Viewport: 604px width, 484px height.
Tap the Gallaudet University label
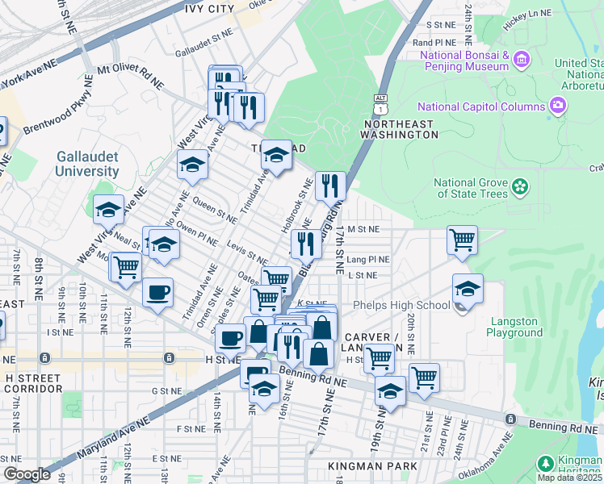coord(87,164)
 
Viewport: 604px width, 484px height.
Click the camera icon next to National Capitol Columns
coord(557,106)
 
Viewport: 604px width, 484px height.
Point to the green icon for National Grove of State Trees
coord(519,187)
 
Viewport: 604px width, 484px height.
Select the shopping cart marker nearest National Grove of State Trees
coord(462,240)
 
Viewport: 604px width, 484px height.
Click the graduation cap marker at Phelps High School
coord(468,289)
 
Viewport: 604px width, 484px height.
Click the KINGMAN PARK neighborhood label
coord(372,466)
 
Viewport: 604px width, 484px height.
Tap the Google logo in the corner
coord(27,474)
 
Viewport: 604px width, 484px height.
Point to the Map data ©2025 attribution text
coord(569,478)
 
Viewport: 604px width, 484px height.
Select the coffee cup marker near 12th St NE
coord(158,292)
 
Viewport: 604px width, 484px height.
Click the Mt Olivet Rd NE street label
coord(130,76)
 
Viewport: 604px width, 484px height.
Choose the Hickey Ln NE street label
coord(526,14)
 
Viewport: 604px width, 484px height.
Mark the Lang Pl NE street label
coord(368,260)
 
